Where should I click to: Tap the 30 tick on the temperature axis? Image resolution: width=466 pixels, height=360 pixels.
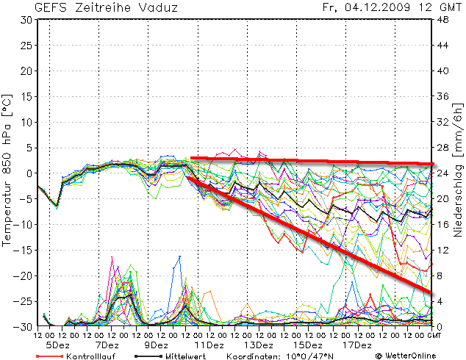pyautogui.click(x=26, y=20)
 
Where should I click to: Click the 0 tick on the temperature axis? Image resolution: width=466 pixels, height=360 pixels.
pyautogui.click(x=29, y=173)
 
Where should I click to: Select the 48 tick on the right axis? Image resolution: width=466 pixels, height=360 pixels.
pyautogui.click(x=444, y=20)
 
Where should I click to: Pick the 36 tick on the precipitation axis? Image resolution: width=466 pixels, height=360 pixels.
pyautogui.click(x=444, y=96)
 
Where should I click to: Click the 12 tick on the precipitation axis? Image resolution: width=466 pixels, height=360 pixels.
pyautogui.click(x=444, y=250)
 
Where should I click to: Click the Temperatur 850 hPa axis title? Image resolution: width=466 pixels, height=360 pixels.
pyautogui.click(x=7, y=170)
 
